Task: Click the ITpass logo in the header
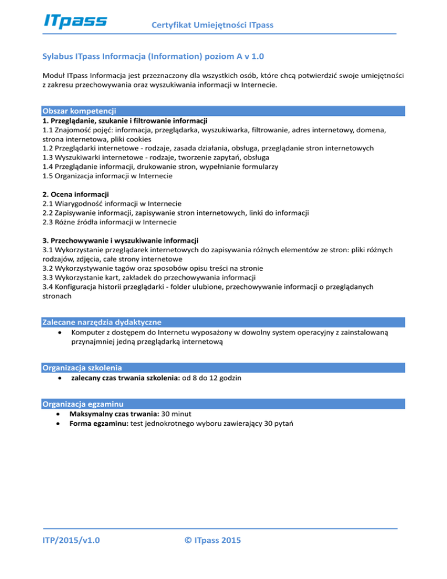(76, 21)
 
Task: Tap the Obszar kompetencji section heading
(80, 111)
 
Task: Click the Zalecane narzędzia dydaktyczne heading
(102, 322)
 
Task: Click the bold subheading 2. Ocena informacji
(76, 193)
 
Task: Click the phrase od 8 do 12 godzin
(211, 378)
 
